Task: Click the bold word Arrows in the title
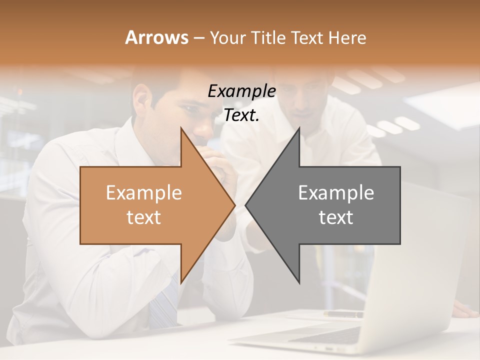pyautogui.click(x=156, y=38)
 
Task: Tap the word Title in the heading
pyautogui.click(x=268, y=38)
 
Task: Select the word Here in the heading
pyautogui.click(x=347, y=38)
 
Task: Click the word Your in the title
pyautogui.click(x=227, y=38)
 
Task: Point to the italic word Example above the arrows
pyautogui.click(x=241, y=91)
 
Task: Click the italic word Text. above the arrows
pyautogui.click(x=241, y=115)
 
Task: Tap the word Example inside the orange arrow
pyautogui.click(x=143, y=192)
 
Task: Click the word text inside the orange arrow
pyautogui.click(x=143, y=217)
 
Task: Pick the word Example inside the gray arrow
pyautogui.click(x=336, y=192)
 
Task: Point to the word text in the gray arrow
pyautogui.click(x=336, y=217)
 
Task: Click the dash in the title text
pyautogui.click(x=198, y=38)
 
